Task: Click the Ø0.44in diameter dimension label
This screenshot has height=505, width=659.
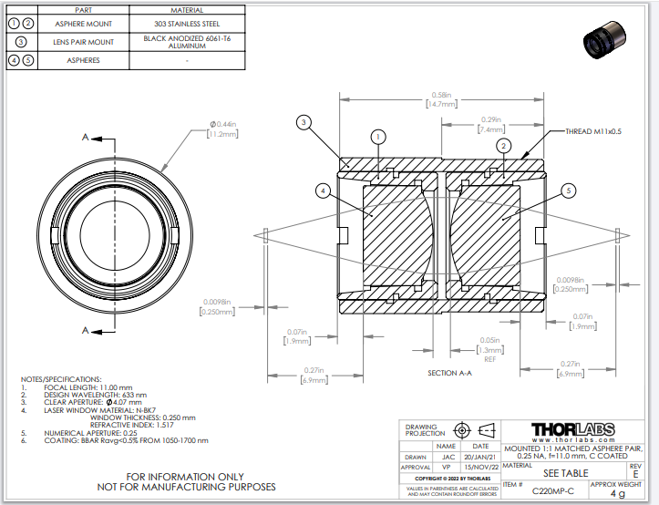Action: [222, 129]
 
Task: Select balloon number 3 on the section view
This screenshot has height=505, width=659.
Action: [304, 122]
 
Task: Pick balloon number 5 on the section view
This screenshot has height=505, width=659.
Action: [568, 191]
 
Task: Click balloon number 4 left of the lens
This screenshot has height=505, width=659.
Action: [322, 191]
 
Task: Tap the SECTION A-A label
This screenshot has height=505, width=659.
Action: [455, 373]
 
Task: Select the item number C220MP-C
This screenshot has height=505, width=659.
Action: [552, 491]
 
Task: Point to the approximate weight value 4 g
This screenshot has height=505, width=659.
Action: [618, 493]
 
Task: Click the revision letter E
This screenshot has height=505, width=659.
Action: [635, 474]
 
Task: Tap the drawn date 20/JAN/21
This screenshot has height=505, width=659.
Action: [480, 458]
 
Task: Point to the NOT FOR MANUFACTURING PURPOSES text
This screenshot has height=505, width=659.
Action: [186, 487]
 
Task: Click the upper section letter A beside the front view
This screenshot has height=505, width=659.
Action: [86, 139]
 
